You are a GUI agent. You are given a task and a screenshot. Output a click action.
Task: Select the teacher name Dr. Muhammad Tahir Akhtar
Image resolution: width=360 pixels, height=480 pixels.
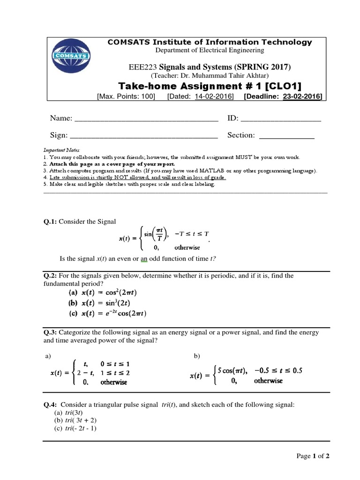point(215,76)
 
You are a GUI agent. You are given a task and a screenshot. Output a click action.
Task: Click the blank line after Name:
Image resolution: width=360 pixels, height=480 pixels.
point(146,119)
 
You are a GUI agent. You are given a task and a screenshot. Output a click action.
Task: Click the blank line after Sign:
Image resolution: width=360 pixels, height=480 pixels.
point(144,136)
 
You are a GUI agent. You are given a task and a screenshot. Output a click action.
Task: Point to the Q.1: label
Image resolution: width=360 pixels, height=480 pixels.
point(50,221)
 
